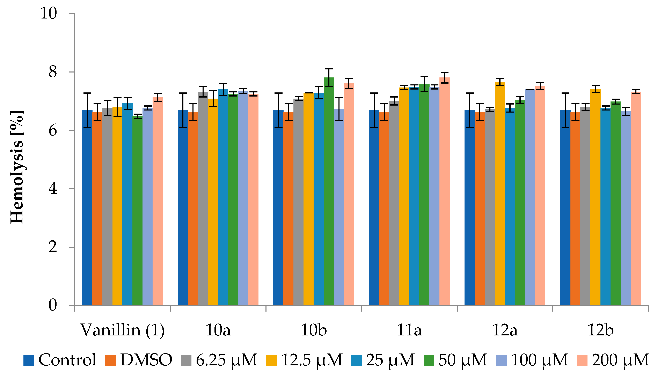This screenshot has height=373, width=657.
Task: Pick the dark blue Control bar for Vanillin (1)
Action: point(87,207)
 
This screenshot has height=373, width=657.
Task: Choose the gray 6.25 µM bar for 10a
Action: point(203,199)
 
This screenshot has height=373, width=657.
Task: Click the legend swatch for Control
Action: point(29,360)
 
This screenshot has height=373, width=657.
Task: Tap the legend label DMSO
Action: point(146,360)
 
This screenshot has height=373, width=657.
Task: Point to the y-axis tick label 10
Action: point(49,13)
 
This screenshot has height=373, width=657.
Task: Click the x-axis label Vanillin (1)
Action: point(123,330)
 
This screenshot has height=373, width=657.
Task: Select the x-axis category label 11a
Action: point(409,330)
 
